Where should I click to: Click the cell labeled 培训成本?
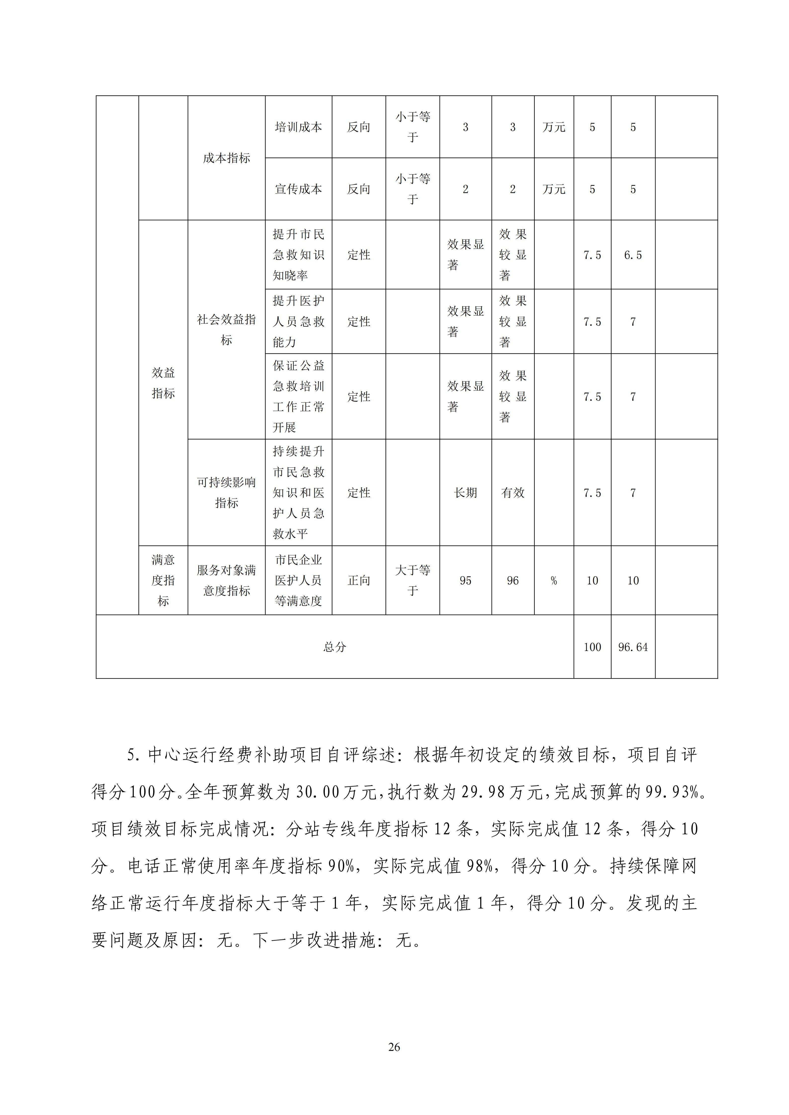(x=298, y=127)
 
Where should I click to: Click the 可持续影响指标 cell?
(x=226, y=492)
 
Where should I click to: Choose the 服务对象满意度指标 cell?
(x=226, y=580)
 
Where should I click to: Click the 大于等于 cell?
(x=413, y=580)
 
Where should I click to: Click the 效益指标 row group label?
(x=163, y=383)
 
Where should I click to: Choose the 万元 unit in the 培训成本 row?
(x=554, y=127)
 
